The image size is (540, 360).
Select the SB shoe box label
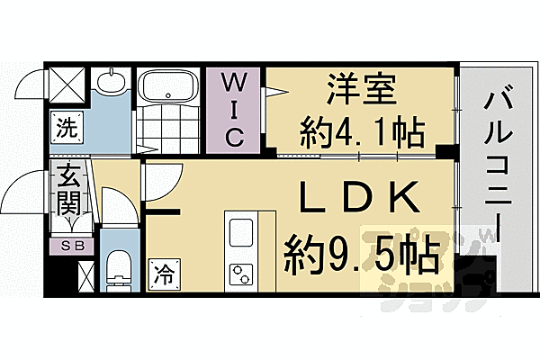pyautogui.click(x=68, y=245)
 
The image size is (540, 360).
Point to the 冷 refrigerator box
pyautogui.click(x=162, y=268)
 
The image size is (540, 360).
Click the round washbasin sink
pyautogui.click(x=111, y=84)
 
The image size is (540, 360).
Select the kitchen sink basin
pyautogui.click(x=242, y=233)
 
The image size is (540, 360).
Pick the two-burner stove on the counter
pyautogui.click(x=242, y=271)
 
